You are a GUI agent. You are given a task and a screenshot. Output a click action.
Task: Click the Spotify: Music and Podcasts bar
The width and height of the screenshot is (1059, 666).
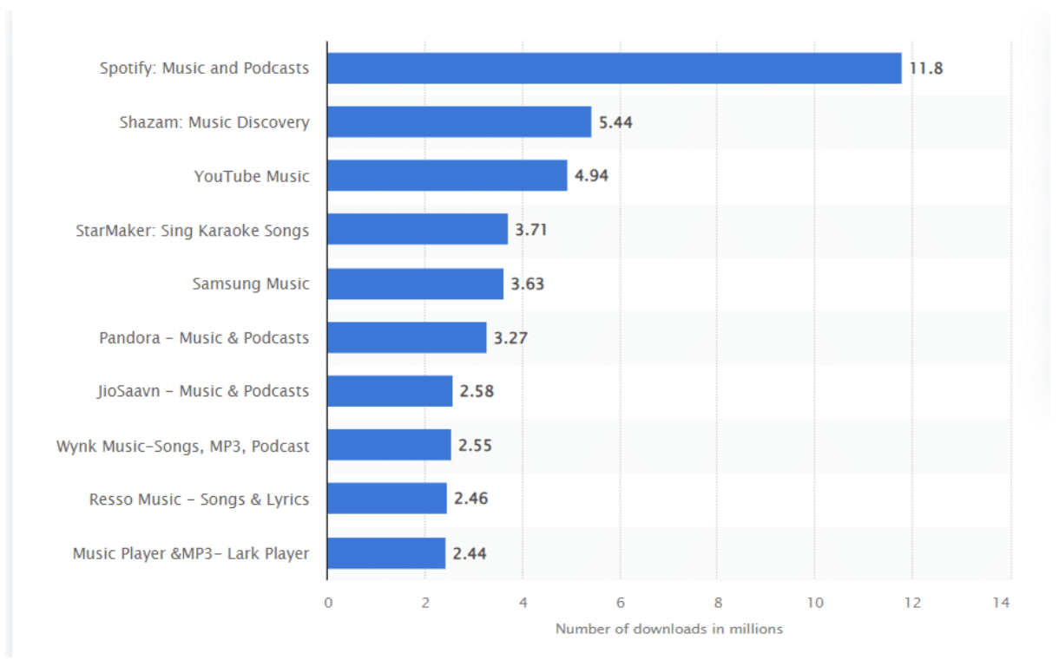tap(614, 69)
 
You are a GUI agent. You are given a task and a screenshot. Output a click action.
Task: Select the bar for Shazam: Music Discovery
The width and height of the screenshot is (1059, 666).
tap(459, 122)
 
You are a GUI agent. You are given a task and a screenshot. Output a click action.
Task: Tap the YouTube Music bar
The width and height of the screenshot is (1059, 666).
tap(447, 176)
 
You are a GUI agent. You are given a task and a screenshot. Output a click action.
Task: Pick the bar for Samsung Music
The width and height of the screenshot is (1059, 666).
tap(415, 284)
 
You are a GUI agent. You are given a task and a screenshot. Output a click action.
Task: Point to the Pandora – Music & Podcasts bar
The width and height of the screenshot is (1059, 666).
tap(406, 337)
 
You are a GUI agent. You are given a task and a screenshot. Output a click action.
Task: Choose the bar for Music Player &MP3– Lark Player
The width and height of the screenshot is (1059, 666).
tap(386, 553)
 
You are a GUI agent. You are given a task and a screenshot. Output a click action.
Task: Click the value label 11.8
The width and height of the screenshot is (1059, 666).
tap(926, 69)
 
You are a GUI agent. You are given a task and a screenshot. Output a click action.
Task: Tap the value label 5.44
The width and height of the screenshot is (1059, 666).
tap(615, 122)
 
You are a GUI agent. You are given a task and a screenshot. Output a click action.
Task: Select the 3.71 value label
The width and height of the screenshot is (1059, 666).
tap(531, 230)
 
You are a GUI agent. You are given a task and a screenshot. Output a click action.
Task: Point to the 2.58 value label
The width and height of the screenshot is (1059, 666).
tap(477, 391)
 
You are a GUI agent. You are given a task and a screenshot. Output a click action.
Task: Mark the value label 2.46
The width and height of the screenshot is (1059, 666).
tap(470, 499)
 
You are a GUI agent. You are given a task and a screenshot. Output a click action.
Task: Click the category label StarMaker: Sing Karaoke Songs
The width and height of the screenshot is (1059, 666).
tap(192, 231)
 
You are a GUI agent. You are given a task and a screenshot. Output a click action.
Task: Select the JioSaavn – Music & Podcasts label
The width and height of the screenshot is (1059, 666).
tap(203, 391)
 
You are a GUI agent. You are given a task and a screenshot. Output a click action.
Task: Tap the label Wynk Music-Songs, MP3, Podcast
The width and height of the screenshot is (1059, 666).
tap(182, 446)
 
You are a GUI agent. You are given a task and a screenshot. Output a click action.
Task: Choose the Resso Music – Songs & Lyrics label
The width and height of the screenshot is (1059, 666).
tap(199, 499)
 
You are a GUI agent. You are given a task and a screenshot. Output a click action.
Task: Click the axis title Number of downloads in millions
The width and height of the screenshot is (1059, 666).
tap(668, 629)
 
